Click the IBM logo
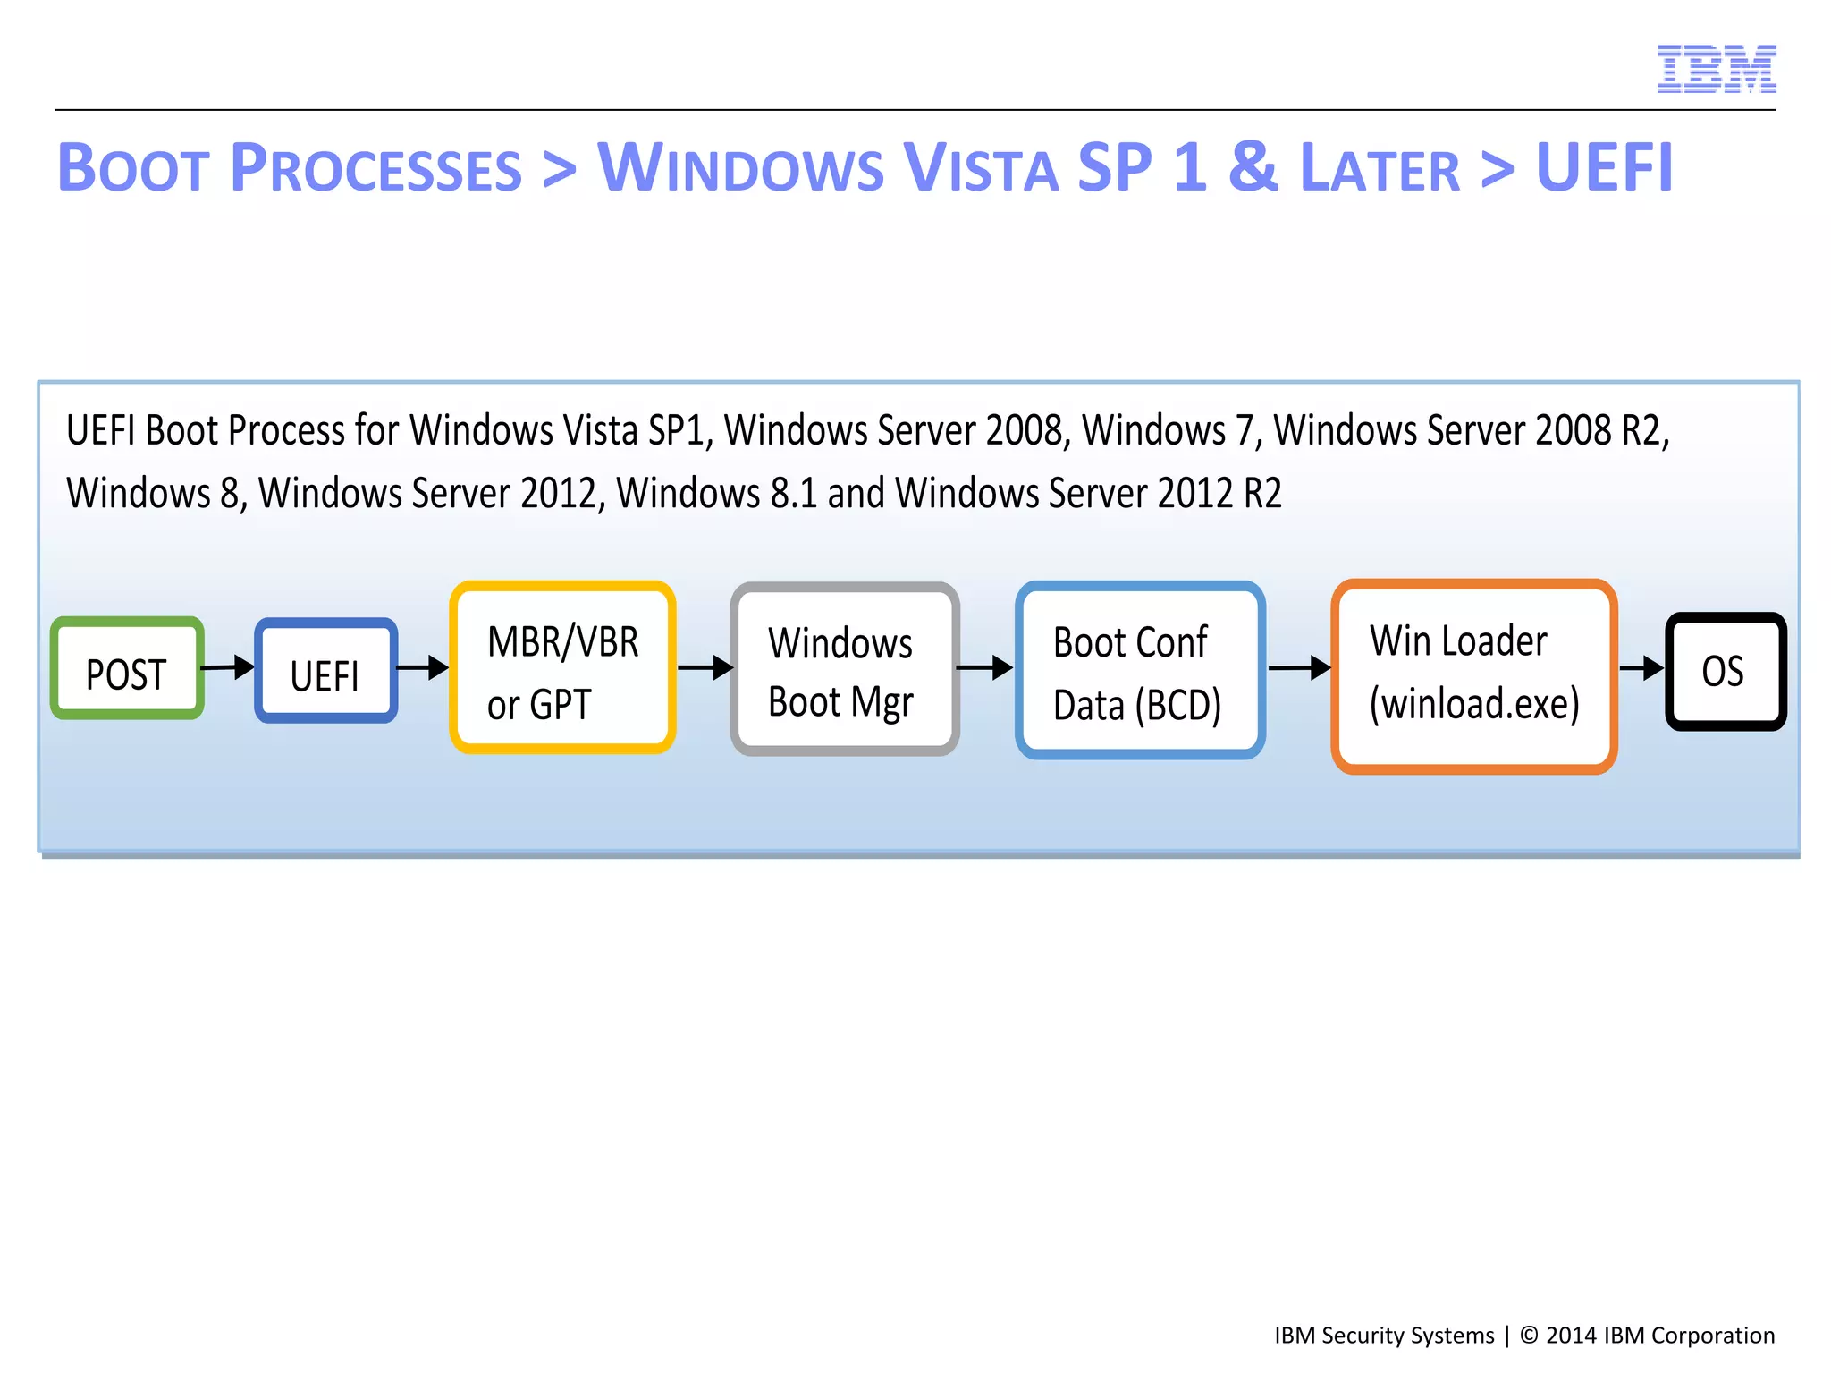1716,69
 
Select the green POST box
127,668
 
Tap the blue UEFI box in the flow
325,671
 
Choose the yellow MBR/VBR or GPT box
562,667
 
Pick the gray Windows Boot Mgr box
844,669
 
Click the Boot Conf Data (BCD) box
1139,670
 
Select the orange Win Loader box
1473,675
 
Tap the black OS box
1725,671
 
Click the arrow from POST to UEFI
229,666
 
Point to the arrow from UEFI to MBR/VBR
423,667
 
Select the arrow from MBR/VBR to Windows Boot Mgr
705,667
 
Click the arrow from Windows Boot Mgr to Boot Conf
984,667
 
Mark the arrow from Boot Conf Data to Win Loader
1299,667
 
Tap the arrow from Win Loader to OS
1641,667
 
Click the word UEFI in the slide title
1604,167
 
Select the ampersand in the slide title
1253,167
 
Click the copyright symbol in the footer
1529,1336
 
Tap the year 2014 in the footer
1571,1336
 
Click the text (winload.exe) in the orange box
1474,704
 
